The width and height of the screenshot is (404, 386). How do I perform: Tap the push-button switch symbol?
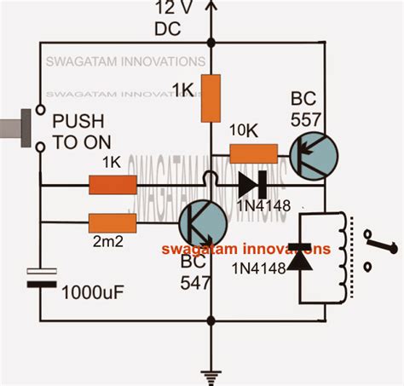tap(26, 129)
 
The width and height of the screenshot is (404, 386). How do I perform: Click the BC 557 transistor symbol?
tap(311, 154)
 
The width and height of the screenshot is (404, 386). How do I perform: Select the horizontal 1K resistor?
tap(113, 183)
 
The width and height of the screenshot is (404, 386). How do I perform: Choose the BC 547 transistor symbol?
tap(202, 224)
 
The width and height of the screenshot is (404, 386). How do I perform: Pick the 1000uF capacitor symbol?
tap(39, 278)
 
